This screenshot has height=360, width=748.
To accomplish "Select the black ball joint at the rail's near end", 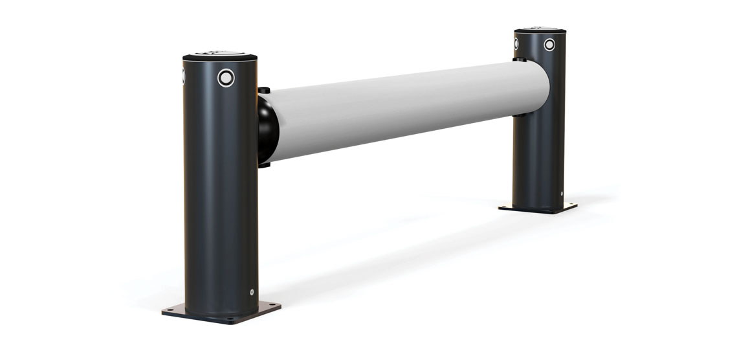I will [x=267, y=127].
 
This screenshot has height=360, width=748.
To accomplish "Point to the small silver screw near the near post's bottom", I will [x=252, y=291].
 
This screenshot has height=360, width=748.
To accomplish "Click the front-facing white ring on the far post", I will [x=549, y=45].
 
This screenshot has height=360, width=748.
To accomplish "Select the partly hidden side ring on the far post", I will [x=516, y=43].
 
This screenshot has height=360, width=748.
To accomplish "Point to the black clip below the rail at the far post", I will [x=520, y=117].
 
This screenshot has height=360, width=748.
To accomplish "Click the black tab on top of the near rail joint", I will [x=263, y=90].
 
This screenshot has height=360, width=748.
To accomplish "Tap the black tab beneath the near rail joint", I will [x=263, y=164].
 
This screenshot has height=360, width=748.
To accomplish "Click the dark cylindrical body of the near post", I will [x=217, y=194].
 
